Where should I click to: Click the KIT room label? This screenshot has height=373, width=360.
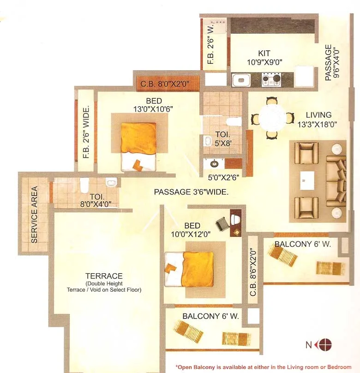(264, 54)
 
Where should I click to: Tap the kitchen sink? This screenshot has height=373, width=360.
(240, 81)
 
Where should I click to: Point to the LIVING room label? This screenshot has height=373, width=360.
(318, 115)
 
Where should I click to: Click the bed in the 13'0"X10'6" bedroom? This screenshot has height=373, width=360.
(138, 146)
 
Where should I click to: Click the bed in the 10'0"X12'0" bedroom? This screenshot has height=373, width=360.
(189, 268)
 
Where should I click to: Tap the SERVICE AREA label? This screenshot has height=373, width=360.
(34, 215)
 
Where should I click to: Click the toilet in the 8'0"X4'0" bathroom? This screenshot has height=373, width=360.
(84, 186)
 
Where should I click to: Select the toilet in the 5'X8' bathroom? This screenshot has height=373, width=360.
(234, 122)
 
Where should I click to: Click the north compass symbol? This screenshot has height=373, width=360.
(325, 344)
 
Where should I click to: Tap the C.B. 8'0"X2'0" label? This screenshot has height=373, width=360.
(168, 84)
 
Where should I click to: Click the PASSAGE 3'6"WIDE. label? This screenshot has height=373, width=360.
(191, 192)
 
